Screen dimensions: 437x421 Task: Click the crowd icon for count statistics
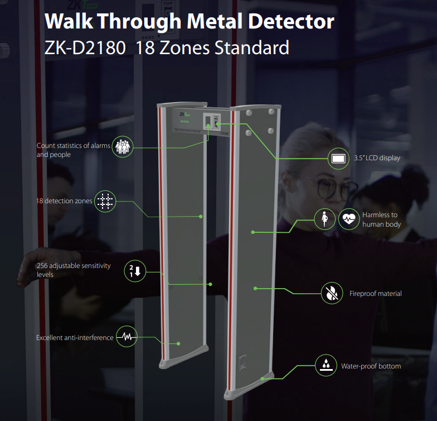(x=123, y=146)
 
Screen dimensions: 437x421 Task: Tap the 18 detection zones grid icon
(x=105, y=201)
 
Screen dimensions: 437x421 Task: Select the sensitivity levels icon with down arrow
(x=135, y=271)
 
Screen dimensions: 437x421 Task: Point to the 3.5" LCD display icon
(x=338, y=159)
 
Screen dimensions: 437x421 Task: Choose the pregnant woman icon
(x=324, y=219)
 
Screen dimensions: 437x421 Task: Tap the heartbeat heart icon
(x=349, y=219)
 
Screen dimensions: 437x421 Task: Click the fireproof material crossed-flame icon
(x=332, y=293)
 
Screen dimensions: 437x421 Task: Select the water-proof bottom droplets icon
(x=326, y=365)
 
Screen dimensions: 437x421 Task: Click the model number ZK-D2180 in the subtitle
(x=85, y=47)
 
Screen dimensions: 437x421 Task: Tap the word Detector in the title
(x=291, y=21)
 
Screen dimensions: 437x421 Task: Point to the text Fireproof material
(x=376, y=294)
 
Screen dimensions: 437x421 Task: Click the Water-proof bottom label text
(x=371, y=366)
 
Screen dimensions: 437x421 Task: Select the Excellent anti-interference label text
(x=75, y=337)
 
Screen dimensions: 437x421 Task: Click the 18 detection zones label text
(x=64, y=201)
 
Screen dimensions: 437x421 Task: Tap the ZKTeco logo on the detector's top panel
(x=184, y=114)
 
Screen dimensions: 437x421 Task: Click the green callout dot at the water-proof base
(x=262, y=379)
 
